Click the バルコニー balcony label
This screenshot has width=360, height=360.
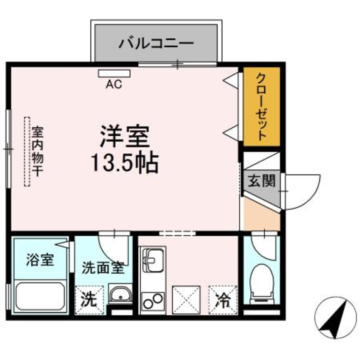point(156,43)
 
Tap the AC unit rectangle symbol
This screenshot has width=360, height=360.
point(114,73)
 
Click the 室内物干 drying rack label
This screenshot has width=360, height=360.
point(40,151)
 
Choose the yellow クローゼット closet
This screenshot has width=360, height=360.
point(261,106)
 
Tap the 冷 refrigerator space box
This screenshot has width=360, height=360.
point(223,300)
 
